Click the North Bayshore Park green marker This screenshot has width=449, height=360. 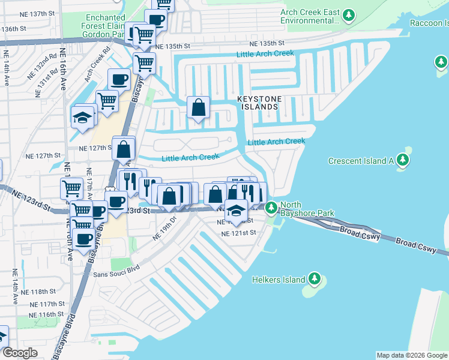(x=271, y=208)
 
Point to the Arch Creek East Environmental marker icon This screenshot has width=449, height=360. (x=348, y=16)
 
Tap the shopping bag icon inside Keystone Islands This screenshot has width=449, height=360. (x=199, y=108)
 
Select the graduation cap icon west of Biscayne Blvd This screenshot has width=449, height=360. (x=83, y=117)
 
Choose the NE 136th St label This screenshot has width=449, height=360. (x=18, y=28)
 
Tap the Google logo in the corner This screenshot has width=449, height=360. (x=20, y=353)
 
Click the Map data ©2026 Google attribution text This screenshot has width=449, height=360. (x=412, y=355)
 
